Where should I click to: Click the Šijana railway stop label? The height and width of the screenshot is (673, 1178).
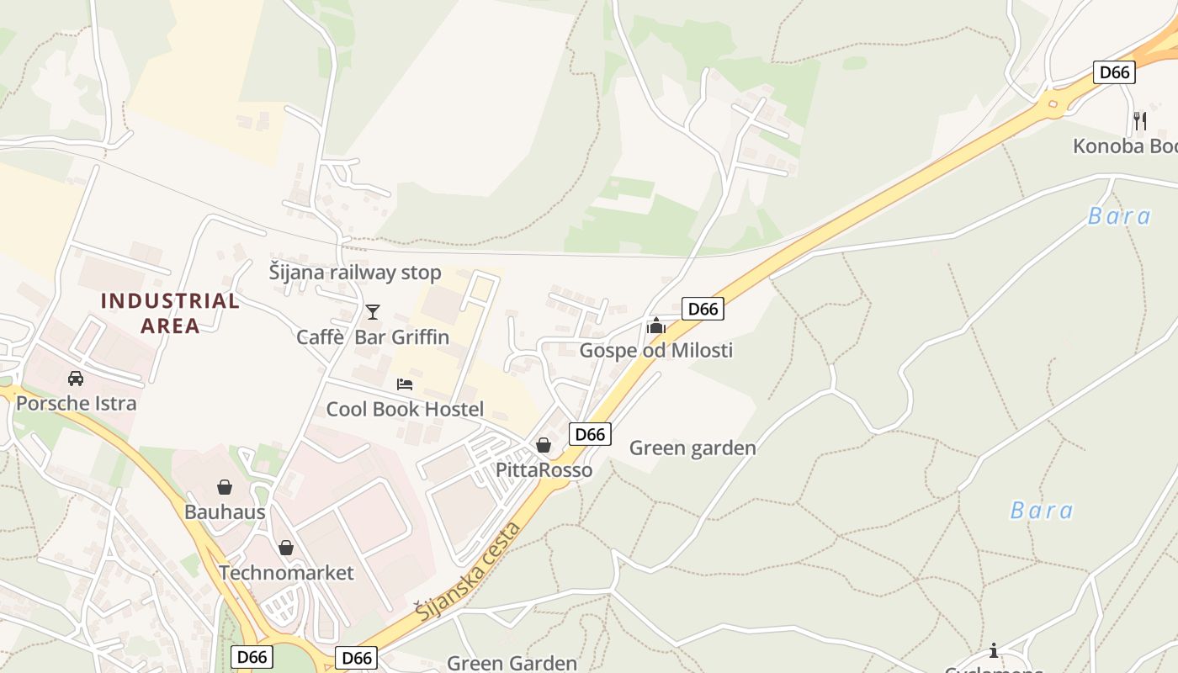pos(354,273)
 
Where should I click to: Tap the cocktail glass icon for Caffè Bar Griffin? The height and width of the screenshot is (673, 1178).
pos(373,312)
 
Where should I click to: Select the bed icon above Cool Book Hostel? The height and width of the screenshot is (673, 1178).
pos(405,384)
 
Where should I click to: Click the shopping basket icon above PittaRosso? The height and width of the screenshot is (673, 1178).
pos(544,445)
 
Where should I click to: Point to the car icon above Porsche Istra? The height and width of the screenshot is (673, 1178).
pos(76,379)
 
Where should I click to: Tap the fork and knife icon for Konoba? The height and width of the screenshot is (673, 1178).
pos(1140,121)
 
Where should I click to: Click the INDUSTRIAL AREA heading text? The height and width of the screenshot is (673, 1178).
pos(170,313)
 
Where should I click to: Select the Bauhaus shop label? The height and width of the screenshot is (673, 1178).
pos(225,511)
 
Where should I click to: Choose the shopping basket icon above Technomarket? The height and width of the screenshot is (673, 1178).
pos(286,548)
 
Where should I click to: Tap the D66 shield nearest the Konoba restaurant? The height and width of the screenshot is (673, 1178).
pos(1115,72)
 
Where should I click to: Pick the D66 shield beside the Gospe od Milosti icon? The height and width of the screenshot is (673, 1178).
pos(703,309)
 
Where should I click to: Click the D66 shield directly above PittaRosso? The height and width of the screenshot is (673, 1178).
pos(590,434)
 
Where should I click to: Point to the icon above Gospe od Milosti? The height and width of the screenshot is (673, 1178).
pos(655,326)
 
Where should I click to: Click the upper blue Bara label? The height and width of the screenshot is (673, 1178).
pos(1119,216)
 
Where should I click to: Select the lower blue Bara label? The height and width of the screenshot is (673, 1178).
pos(1042,511)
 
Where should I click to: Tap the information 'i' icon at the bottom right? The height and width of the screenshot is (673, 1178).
pos(994,650)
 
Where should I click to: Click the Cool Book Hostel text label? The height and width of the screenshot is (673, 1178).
pos(405,410)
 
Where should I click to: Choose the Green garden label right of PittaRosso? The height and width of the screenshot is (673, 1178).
pos(692,448)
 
